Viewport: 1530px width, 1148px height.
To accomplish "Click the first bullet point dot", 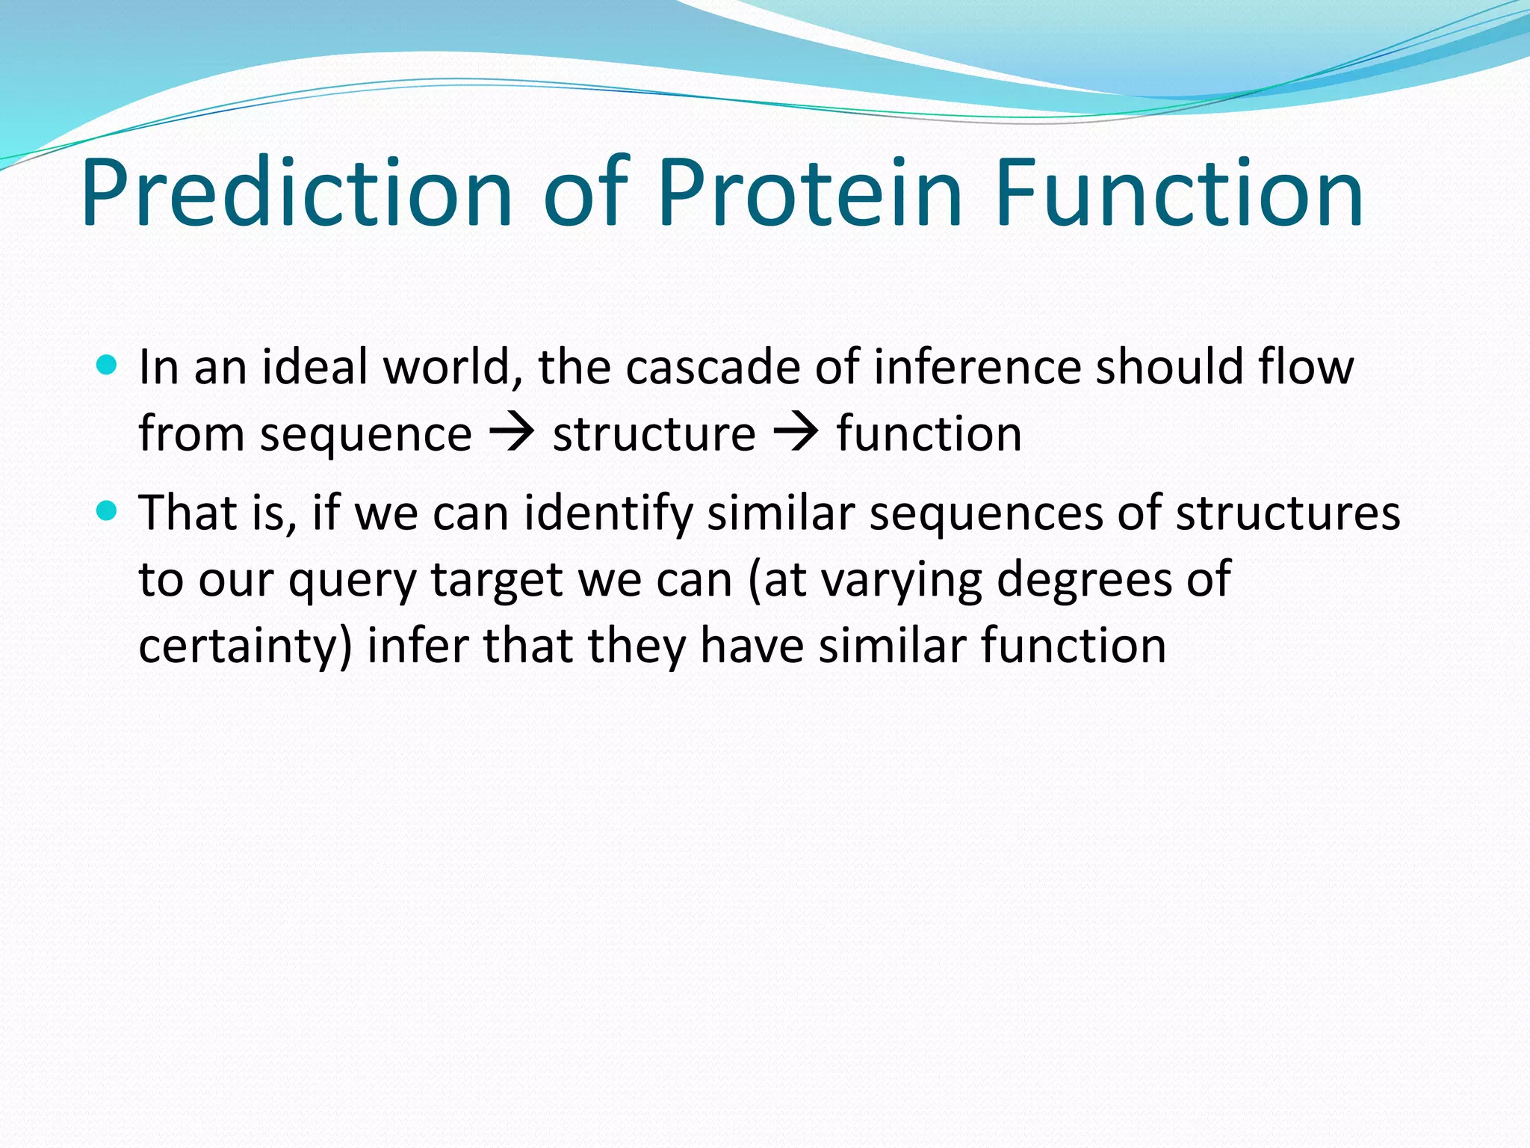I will pyautogui.click(x=108, y=365).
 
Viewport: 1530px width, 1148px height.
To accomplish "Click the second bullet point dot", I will pyautogui.click(x=108, y=511).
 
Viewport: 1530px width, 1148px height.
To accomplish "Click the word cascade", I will pyautogui.click(x=714, y=368).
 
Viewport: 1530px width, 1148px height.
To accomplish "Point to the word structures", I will pyautogui.click(x=1287, y=514).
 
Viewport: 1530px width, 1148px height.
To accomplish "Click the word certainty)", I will pyautogui.click(x=245, y=647).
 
